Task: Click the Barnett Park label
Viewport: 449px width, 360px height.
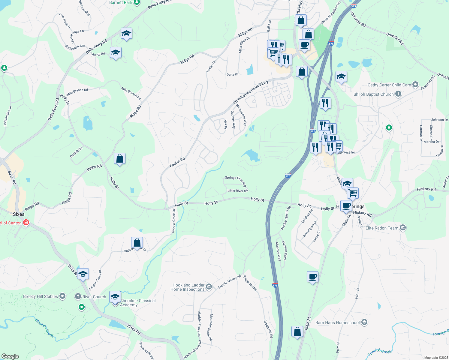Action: (121, 2)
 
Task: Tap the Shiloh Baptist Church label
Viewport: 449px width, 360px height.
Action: (373, 94)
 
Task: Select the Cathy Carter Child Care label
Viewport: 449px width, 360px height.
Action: (389, 85)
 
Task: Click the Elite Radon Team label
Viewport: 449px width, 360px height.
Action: (382, 228)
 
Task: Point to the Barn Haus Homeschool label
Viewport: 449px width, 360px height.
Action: (337, 322)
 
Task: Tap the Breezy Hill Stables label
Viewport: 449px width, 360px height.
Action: (41, 296)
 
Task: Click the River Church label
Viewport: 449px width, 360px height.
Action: (94, 297)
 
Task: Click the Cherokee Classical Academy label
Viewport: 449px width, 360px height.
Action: (138, 303)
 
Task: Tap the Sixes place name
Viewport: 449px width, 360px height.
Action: (19, 214)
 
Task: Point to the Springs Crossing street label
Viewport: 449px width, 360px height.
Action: (236, 181)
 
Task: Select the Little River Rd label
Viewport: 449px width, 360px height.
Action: (237, 190)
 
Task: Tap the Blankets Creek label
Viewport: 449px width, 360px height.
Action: (44, 328)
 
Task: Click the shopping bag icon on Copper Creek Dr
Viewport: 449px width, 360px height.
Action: (137, 242)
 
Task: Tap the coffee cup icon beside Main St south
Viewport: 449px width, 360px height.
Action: (312, 277)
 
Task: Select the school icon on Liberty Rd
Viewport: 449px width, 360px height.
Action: (116, 53)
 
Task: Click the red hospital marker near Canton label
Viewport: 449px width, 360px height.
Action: (26, 223)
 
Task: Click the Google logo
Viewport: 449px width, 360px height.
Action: (10, 356)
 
